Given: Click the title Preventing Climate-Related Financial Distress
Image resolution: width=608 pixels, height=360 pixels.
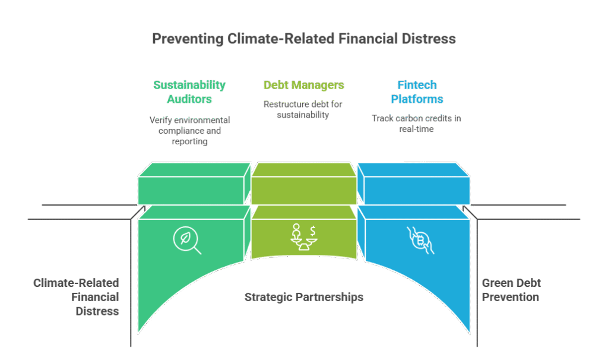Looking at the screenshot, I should coord(303,39).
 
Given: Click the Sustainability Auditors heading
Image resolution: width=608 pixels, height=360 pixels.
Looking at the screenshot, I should coord(189,91).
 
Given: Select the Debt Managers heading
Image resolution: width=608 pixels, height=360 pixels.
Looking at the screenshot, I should coord(303,85).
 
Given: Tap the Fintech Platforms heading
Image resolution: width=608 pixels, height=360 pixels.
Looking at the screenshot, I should coord(416,91).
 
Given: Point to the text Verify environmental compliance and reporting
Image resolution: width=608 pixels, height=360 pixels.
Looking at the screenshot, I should coord(189,131).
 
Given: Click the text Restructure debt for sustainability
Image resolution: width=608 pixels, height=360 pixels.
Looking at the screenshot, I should coord(303,109).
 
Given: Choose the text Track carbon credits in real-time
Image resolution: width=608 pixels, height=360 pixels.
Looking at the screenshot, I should coord(416,124).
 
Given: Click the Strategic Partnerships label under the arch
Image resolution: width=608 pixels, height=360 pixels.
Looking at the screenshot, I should coord(303,296).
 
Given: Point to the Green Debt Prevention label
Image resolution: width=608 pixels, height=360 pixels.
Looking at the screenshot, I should coord(511,290).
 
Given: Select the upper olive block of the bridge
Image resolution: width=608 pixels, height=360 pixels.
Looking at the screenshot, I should coord(303,184).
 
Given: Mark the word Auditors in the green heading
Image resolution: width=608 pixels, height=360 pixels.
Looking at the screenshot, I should coord(189,99).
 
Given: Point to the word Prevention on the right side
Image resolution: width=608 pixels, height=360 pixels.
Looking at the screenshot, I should coord(510,296).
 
